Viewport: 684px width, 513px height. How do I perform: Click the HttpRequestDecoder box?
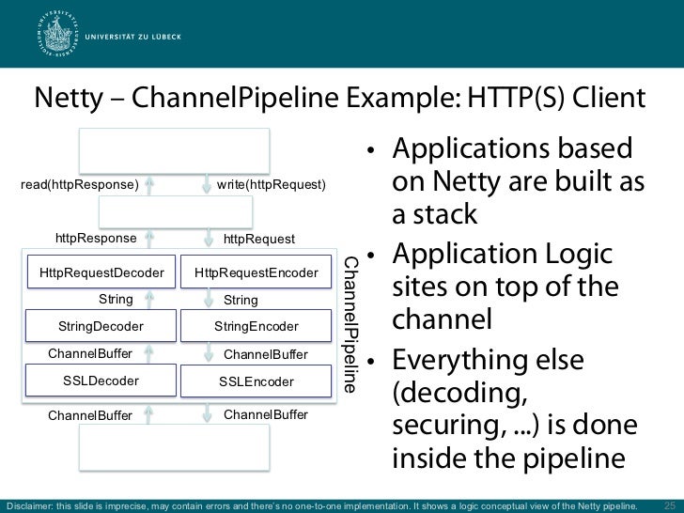click(101, 272)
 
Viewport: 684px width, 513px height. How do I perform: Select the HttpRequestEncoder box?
click(256, 272)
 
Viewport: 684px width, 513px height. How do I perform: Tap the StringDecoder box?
click(101, 326)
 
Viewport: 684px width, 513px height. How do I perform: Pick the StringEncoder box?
click(256, 326)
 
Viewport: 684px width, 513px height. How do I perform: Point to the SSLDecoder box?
click(101, 381)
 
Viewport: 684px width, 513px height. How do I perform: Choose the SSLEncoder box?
click(256, 381)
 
